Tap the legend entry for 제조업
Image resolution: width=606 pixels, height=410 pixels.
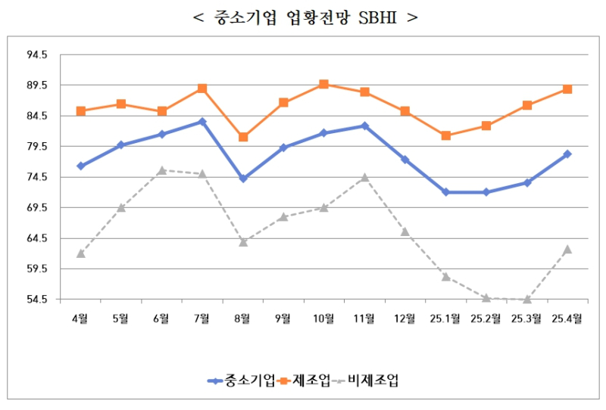click(x=305, y=380)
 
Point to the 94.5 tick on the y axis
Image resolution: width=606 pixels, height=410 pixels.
click(x=37, y=55)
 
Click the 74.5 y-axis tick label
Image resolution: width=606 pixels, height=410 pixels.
click(x=37, y=177)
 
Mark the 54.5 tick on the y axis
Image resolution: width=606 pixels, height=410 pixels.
click(x=37, y=300)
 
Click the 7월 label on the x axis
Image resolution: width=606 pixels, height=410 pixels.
click(x=202, y=318)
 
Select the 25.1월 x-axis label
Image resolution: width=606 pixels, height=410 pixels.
click(x=445, y=318)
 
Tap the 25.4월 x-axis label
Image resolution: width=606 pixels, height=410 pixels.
click(x=567, y=318)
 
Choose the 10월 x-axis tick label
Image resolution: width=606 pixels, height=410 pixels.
click(x=324, y=318)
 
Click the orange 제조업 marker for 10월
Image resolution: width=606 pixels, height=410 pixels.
click(x=324, y=84)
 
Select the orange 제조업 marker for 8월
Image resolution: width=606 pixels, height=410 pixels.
click(x=243, y=137)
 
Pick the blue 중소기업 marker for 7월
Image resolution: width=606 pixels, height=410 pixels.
click(x=202, y=121)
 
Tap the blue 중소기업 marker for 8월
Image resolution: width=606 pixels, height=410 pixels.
click(x=243, y=179)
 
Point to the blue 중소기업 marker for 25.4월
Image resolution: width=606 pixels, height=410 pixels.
click(x=567, y=154)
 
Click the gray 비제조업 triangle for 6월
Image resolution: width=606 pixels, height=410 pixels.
click(x=162, y=170)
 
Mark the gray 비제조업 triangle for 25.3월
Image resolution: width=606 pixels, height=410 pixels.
click(x=527, y=299)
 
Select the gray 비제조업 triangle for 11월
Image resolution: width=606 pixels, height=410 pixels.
click(x=365, y=177)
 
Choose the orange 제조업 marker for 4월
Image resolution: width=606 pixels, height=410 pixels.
click(x=80, y=111)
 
